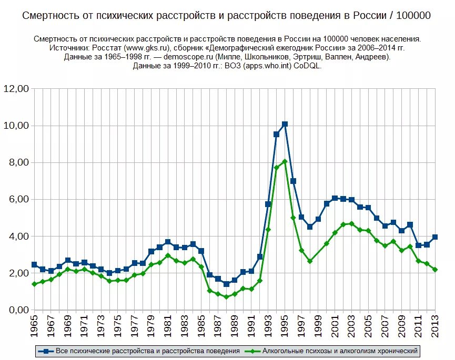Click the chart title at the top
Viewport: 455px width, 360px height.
coord(226,16)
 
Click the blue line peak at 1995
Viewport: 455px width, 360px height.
coord(285,124)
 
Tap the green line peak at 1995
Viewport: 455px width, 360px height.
coord(285,161)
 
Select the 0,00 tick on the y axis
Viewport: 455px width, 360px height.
coord(18,310)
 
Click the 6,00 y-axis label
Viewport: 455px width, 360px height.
coord(18,200)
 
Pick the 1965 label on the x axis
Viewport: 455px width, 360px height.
coord(34,327)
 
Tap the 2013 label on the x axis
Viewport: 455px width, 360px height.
coord(436,327)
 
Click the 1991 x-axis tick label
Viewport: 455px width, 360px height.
coord(251,327)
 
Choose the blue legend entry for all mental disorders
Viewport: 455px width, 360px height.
coord(142,350)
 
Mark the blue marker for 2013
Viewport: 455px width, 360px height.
coord(435,237)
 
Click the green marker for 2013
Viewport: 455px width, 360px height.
coord(435,270)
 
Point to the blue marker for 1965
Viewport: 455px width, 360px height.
coord(34,264)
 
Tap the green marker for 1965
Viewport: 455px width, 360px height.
coord(34,284)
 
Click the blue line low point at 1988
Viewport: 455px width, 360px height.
coord(226,284)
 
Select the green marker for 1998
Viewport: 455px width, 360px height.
coord(310,261)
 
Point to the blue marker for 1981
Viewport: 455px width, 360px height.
coord(168,242)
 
